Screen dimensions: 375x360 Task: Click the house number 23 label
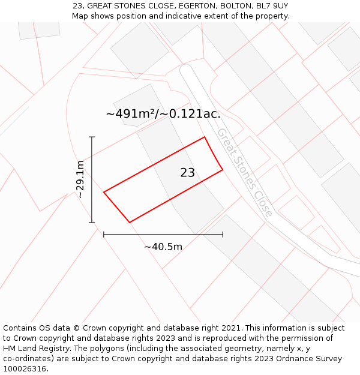click(187, 173)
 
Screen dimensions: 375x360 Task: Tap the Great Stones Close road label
click(245, 172)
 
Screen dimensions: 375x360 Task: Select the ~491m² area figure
click(131, 113)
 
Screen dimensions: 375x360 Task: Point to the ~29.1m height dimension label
click(80, 179)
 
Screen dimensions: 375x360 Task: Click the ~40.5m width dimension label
click(163, 247)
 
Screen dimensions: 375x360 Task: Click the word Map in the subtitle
click(81, 16)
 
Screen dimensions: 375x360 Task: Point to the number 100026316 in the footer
click(24, 369)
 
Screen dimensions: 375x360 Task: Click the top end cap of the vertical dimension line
click(92, 137)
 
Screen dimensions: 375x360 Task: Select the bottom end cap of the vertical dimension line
click(92, 223)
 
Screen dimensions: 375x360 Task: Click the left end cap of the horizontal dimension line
click(104, 235)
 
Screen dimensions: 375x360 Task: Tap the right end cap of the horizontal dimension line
click(223, 235)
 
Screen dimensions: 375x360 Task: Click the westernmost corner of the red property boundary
click(104, 192)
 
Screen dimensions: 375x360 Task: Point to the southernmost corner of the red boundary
click(130, 223)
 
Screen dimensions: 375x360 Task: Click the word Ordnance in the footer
click(278, 359)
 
